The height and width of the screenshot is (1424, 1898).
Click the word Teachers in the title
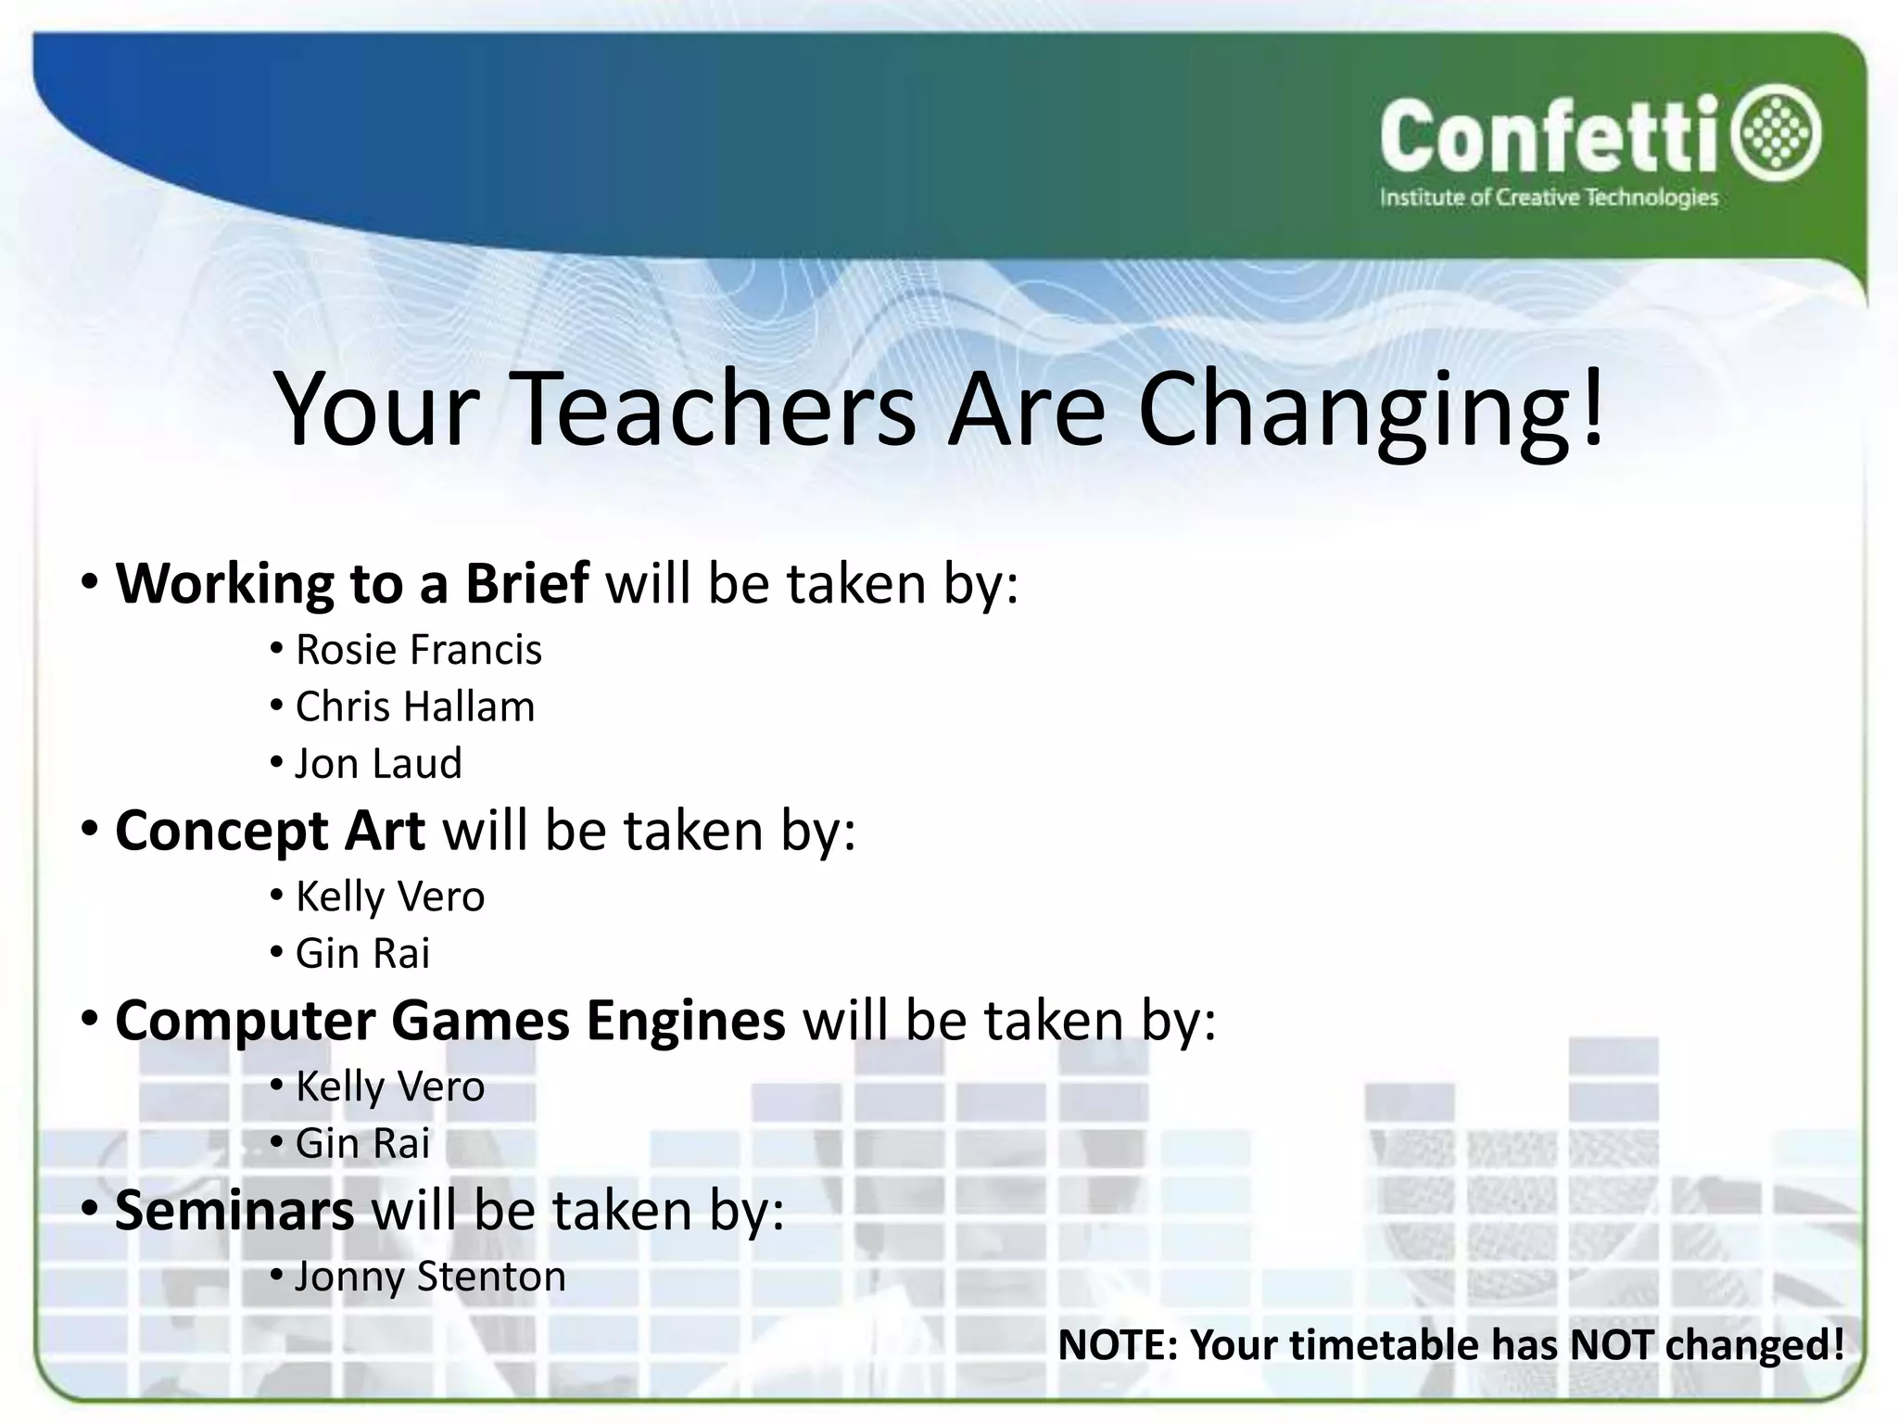click(715, 409)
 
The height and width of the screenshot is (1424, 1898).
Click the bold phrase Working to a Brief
click(351, 583)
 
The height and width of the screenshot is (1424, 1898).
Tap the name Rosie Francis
click(418, 650)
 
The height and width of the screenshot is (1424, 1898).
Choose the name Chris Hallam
click(415, 707)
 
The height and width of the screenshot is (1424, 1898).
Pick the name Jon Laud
click(378, 764)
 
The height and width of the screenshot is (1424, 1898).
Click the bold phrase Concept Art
click(270, 830)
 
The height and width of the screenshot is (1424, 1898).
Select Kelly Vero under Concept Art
click(390, 896)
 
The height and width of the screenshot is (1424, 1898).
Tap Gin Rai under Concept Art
click(362, 954)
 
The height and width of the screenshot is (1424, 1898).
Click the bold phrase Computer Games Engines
click(449, 1021)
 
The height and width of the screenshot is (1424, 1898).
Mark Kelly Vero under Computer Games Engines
click(390, 1087)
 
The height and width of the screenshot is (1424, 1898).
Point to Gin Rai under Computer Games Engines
click(362, 1144)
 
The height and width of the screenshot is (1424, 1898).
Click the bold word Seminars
click(234, 1211)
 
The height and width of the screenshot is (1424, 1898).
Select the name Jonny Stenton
click(430, 1277)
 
